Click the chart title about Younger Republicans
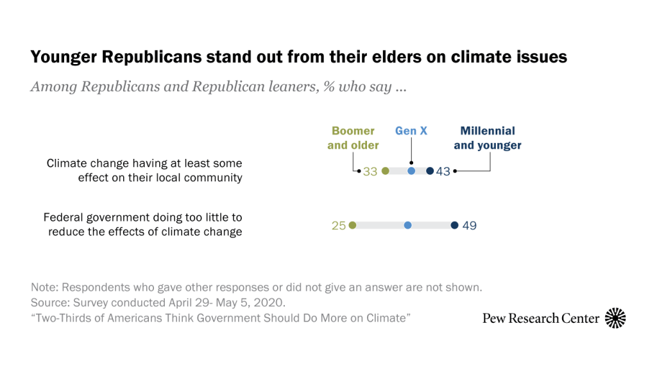(x=298, y=57)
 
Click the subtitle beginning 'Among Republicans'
(x=218, y=87)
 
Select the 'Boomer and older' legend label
(x=353, y=138)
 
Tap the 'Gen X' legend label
(x=411, y=131)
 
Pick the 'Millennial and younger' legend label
(x=488, y=138)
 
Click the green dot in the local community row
(x=385, y=171)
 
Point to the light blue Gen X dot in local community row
(x=411, y=171)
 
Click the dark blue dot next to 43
(x=430, y=171)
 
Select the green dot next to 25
(x=352, y=225)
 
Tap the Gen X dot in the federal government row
(x=407, y=225)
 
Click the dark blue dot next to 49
(x=454, y=225)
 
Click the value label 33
(x=370, y=172)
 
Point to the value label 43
(x=443, y=172)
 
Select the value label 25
(x=339, y=225)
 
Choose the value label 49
(x=469, y=225)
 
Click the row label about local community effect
(x=144, y=170)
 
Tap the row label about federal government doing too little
(x=142, y=224)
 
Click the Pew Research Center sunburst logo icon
(x=615, y=318)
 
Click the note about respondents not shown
(x=256, y=287)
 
